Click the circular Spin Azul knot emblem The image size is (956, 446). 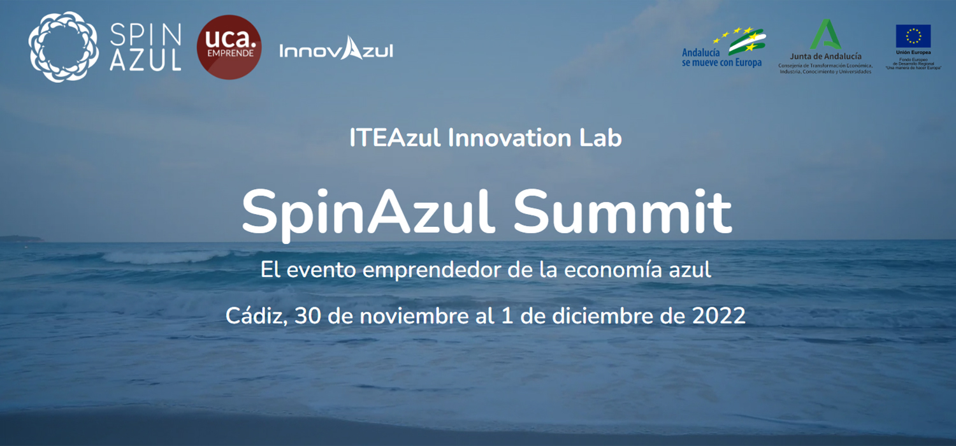[62, 47]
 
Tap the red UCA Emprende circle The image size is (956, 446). [229, 47]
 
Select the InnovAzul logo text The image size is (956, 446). [336, 50]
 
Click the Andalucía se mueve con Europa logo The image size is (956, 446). [723, 47]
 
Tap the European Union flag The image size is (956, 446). [913, 36]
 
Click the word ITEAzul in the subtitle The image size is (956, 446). [395, 138]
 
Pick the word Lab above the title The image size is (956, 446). [601, 138]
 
